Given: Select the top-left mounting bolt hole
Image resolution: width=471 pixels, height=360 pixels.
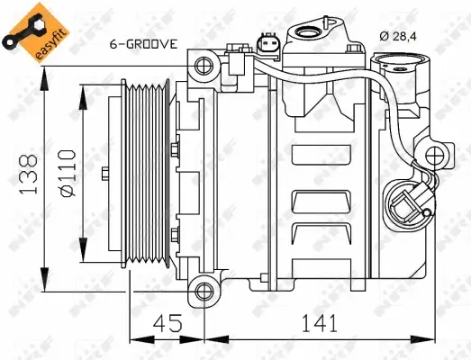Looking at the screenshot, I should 202,66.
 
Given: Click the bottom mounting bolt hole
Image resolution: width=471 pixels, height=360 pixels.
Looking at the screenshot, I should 205,289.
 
